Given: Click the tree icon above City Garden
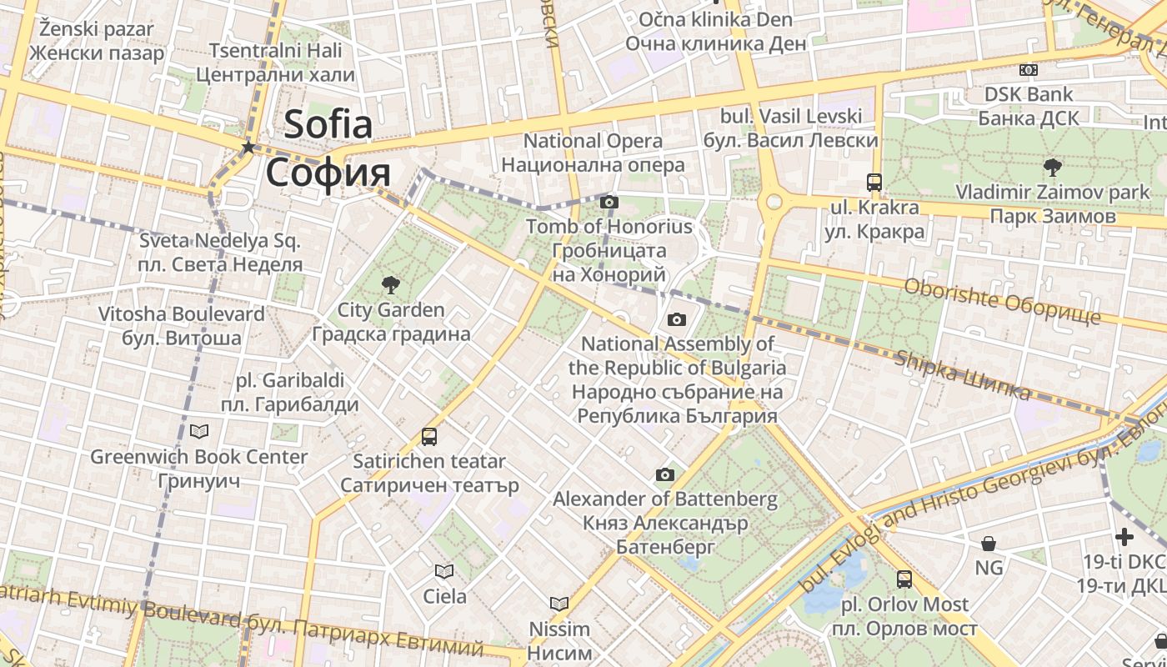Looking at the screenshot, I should (389, 286).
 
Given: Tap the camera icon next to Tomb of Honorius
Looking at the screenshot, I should (609, 202).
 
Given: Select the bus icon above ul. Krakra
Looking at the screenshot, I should (874, 182).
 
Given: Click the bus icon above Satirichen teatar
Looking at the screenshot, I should (429, 436).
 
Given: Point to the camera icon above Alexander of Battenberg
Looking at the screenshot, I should (664, 475).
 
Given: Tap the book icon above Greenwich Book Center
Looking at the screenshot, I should (199, 431).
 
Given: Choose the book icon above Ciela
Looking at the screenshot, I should (444, 571).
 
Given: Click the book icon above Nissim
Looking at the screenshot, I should (559, 603).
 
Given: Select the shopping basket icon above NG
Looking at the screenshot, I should (989, 544).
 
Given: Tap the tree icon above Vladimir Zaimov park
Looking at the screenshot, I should (1053, 167).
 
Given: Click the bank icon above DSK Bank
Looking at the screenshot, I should (1029, 70).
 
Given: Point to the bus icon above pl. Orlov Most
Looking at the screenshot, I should (904, 579).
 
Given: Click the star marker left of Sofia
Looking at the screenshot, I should (248, 148).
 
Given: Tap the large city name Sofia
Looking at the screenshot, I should (328, 125).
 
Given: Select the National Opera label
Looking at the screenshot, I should (593, 142).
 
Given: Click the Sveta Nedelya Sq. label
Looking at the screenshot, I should (220, 242).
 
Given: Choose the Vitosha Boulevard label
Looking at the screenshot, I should (181, 314).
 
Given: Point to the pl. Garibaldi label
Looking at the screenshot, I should (289, 381).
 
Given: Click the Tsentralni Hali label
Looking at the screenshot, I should (275, 51).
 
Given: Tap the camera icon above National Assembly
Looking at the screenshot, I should (677, 319).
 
